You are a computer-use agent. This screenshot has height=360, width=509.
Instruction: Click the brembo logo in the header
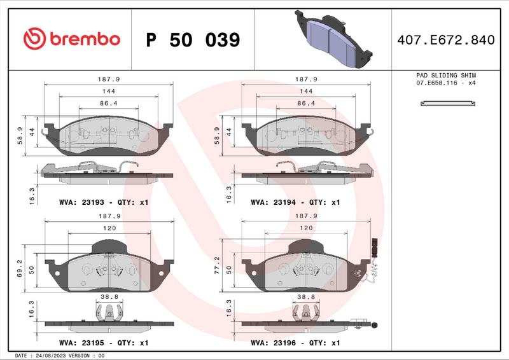coord(71,39)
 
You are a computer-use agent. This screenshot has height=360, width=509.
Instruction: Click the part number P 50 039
coord(193,40)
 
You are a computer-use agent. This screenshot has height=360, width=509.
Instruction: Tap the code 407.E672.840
coord(445,40)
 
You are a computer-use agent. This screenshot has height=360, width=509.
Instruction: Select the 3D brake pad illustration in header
coord(328,39)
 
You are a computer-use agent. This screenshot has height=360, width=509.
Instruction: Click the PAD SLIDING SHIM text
coord(446,75)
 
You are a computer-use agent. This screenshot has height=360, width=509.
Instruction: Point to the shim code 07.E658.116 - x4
coord(446,83)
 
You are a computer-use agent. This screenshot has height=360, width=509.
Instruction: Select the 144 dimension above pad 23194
coord(306,92)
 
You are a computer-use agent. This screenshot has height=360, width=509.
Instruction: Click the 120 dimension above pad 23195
coord(109,228)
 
